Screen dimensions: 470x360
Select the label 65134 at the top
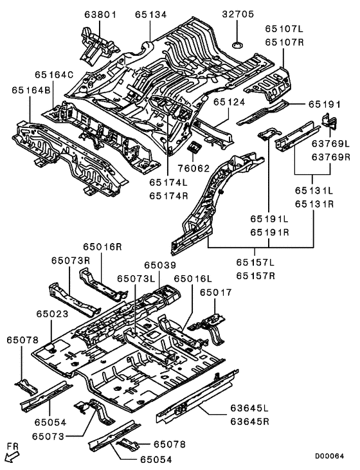point(150,14)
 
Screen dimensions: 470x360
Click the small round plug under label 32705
point(237,44)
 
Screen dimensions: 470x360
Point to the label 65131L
point(314,191)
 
